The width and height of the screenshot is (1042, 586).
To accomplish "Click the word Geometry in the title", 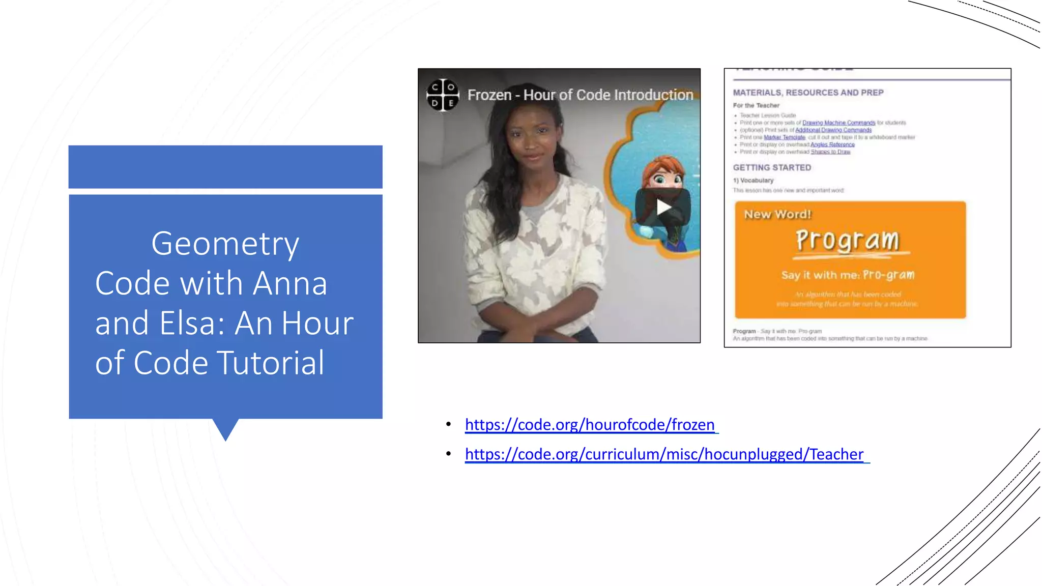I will pos(225,244).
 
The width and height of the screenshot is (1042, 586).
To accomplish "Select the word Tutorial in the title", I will pos(271,363).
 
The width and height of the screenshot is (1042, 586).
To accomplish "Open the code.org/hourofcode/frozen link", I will pos(590,425).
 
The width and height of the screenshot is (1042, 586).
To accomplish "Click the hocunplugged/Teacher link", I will pos(664,454).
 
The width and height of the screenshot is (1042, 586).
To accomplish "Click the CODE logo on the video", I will pos(443,95).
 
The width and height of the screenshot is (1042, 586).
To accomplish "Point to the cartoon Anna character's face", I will pos(661,175).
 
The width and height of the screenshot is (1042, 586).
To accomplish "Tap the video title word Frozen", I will pos(489,95).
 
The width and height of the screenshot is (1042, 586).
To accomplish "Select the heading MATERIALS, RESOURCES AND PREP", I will pos(808,93).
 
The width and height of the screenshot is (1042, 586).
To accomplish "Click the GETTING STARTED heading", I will pos(772,168).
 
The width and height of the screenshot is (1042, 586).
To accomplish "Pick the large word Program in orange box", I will pos(847,240).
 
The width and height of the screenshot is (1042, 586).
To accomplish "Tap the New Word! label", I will pos(777,215).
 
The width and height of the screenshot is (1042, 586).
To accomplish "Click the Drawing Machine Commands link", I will pos(838,123).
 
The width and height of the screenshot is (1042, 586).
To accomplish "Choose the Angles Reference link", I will pos(832,144).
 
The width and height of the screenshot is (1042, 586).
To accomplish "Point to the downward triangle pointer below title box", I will pos(225,429).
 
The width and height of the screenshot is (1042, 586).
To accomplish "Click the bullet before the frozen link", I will pos(448,425).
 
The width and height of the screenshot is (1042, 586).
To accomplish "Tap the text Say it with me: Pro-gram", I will pos(848,275).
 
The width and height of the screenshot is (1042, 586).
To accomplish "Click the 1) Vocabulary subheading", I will pos(753,181).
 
